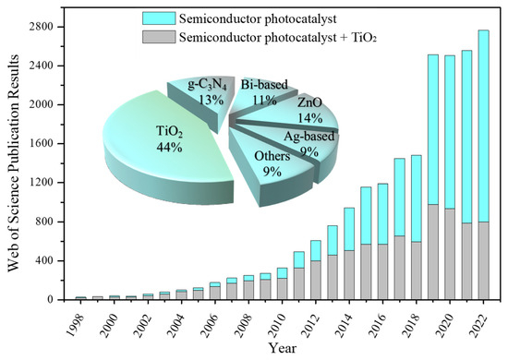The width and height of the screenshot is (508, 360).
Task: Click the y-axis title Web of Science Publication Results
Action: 11,162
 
